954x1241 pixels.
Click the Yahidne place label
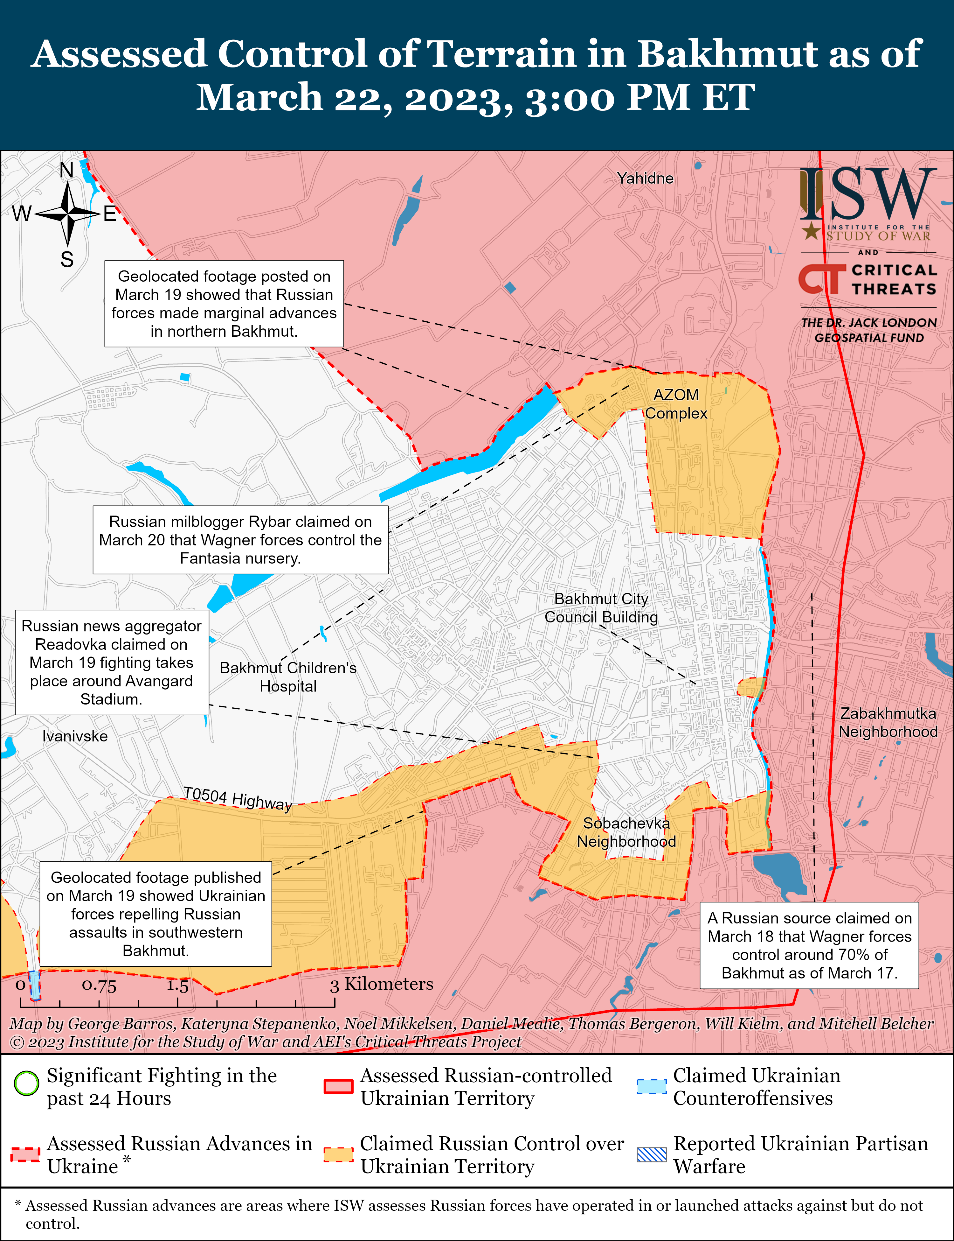(645, 179)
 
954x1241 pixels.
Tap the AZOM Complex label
(676, 404)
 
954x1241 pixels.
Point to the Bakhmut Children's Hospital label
(288, 677)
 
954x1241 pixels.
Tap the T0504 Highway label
(237, 798)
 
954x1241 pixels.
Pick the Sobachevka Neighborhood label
(626, 832)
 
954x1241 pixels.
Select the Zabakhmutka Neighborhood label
(888, 723)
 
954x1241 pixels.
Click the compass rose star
(67, 214)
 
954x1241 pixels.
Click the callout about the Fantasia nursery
(240, 540)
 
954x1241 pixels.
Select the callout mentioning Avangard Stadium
(111, 663)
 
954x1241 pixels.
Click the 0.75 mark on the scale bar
(99, 985)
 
